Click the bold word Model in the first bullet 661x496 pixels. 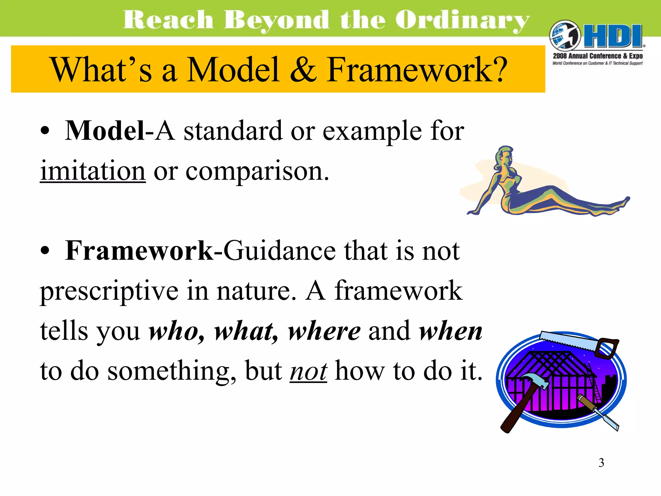(x=105, y=131)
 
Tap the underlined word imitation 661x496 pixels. (x=93, y=171)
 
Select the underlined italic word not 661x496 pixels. (x=308, y=371)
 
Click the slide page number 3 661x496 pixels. (x=601, y=463)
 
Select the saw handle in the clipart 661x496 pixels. (x=607, y=348)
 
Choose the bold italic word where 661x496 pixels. (x=324, y=331)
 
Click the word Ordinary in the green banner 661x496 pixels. (x=462, y=20)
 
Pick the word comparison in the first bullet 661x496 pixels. (x=257, y=171)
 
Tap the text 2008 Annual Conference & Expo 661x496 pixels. (x=598, y=56)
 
